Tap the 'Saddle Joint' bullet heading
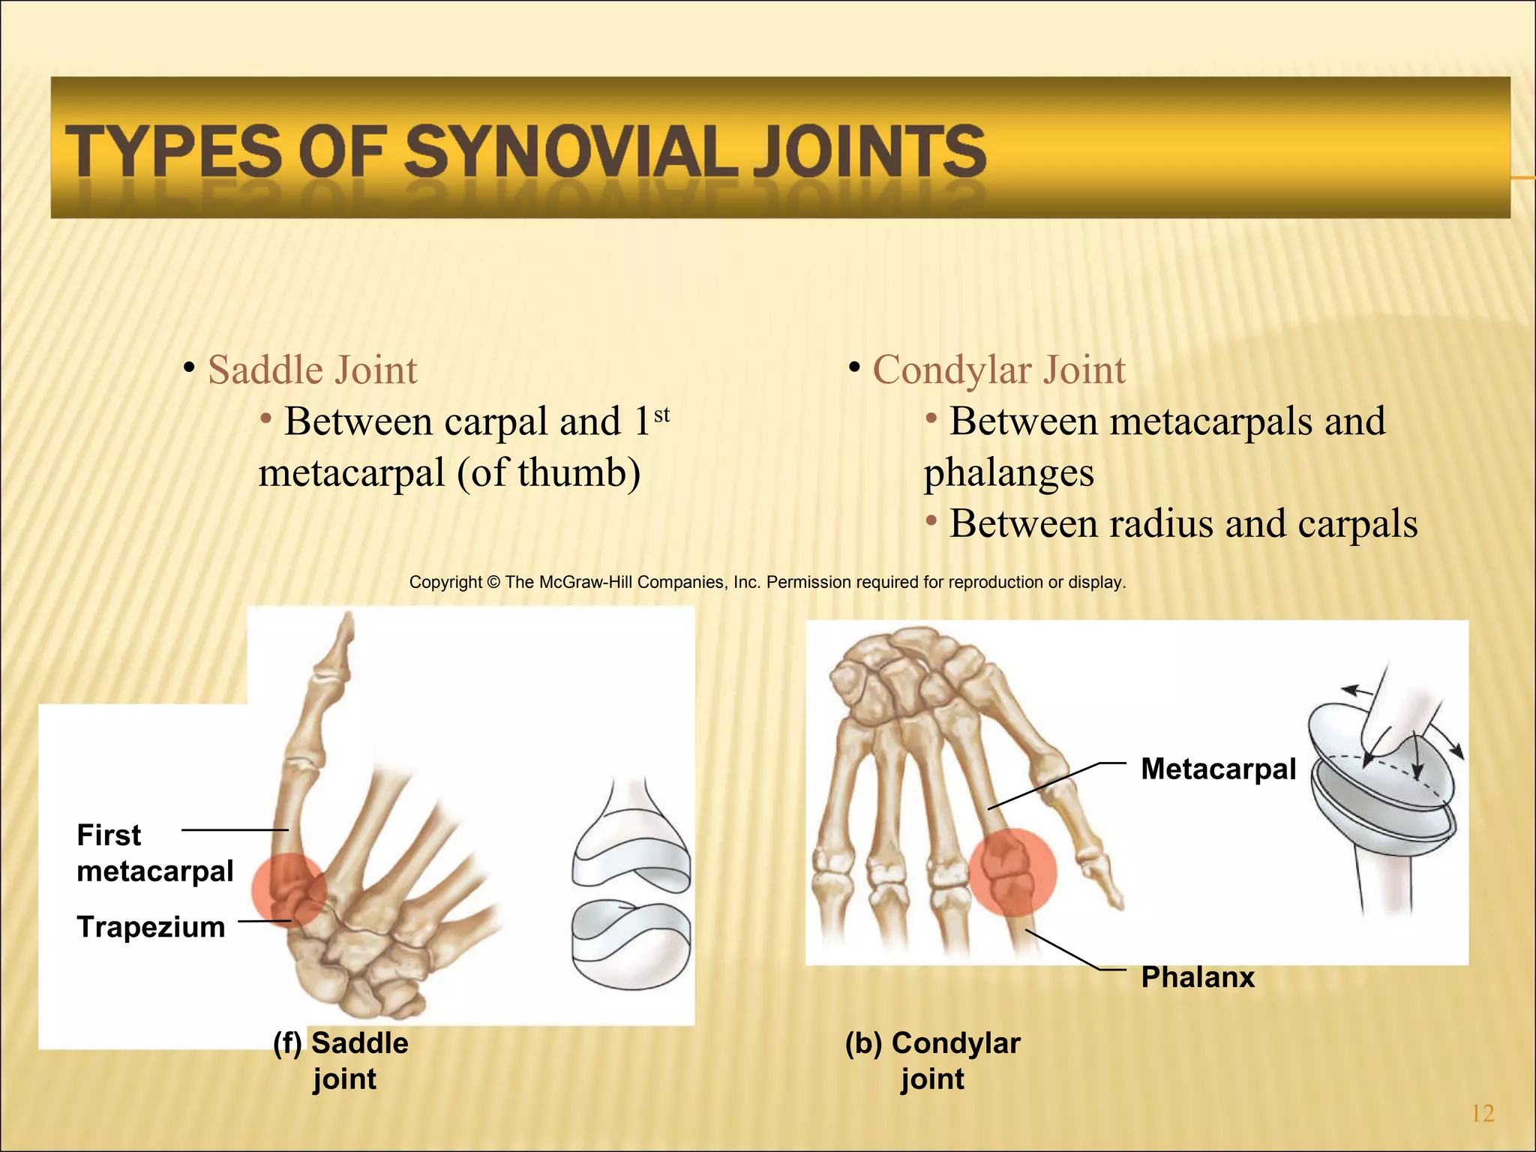click(x=312, y=370)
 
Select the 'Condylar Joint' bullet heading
click(x=998, y=370)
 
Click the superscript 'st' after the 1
click(x=661, y=415)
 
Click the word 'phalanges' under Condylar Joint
click(x=1009, y=473)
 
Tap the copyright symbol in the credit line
click(x=493, y=582)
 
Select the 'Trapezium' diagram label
click(x=151, y=927)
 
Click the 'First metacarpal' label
click(x=154, y=853)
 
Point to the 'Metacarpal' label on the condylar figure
click(x=1218, y=769)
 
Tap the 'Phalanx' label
click(x=1198, y=977)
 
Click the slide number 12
click(x=1483, y=1113)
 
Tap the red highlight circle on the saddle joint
click(x=288, y=890)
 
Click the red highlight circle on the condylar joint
click(x=1012, y=871)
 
